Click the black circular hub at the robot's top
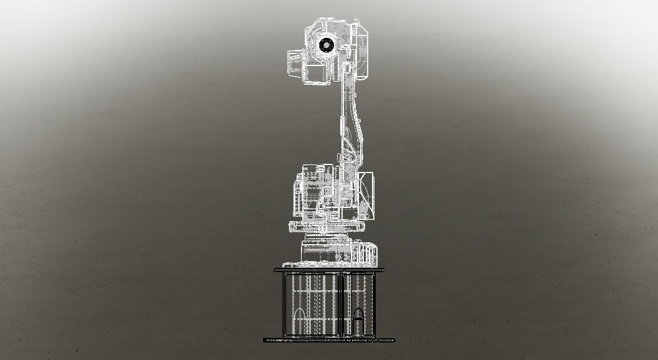point(325,44)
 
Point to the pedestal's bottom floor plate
point(329,340)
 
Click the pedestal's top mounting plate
point(329,270)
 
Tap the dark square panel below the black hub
point(318,73)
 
